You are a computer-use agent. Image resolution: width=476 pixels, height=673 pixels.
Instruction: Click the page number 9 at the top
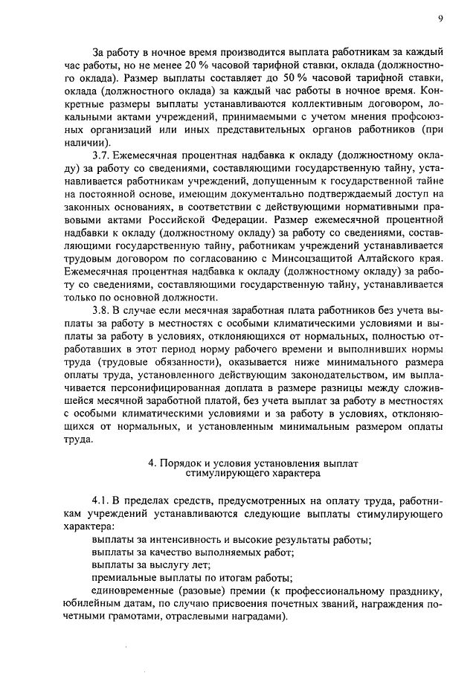(440, 19)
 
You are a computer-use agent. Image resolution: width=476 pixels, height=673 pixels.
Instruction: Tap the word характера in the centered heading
(290, 473)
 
